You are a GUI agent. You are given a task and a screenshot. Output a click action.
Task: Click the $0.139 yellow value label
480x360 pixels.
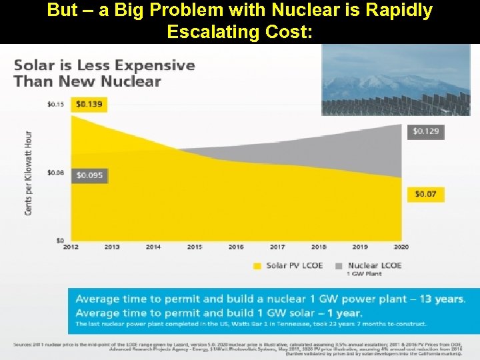pyautogui.click(x=89, y=104)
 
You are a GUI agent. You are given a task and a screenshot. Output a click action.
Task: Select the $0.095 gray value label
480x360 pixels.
pyautogui.click(x=89, y=175)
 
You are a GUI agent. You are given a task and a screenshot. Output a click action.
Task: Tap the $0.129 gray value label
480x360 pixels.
pyautogui.click(x=426, y=131)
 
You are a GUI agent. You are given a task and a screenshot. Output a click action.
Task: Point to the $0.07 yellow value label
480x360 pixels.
pyautogui.click(x=425, y=194)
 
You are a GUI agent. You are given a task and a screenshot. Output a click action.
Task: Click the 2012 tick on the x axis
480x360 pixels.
pyautogui.click(x=71, y=247)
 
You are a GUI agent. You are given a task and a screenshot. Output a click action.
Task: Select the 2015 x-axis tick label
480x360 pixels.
pyautogui.click(x=195, y=247)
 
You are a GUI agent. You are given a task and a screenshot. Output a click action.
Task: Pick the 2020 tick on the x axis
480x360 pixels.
pyautogui.click(x=401, y=247)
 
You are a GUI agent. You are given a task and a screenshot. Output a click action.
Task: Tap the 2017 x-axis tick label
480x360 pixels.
pyautogui.click(x=277, y=247)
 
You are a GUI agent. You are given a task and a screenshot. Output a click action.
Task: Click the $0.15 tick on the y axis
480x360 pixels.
pyautogui.click(x=55, y=103)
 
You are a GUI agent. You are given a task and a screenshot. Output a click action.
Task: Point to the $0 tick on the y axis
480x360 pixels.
pyautogui.click(x=59, y=240)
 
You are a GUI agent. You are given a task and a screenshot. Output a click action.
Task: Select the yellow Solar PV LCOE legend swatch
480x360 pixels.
pyautogui.click(x=257, y=265)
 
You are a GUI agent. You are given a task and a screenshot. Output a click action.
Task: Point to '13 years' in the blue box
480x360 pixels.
pyautogui.click(x=441, y=299)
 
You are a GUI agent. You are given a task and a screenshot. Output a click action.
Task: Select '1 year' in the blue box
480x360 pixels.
pyautogui.click(x=341, y=313)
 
